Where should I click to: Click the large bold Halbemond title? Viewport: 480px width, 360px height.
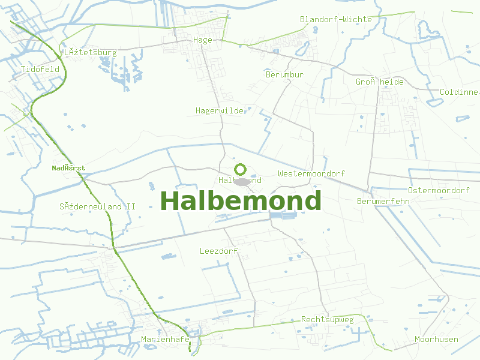pos(241,201)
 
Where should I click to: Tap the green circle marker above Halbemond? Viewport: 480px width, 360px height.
pos(240,169)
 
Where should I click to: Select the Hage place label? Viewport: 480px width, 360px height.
pos(203,40)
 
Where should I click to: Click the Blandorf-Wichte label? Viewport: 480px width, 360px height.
pos(335,19)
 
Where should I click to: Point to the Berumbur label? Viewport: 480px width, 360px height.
pos(284,74)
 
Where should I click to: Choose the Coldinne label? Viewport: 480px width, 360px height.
pos(459,92)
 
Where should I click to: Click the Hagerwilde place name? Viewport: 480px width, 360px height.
pos(220,110)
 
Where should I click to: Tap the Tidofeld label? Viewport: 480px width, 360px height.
pos(40,69)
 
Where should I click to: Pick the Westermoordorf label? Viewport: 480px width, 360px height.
pos(311,173)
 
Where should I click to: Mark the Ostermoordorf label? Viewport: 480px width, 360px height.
pos(439,190)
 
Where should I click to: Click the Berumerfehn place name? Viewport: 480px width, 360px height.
pos(383,201)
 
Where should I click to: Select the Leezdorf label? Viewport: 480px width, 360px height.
pos(219,251)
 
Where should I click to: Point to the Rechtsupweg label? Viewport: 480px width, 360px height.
pos(328,319)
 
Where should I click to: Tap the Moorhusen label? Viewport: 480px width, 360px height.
pos(436,339)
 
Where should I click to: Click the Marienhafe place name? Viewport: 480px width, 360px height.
pos(166,339)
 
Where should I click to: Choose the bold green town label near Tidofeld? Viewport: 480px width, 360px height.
pos(68,168)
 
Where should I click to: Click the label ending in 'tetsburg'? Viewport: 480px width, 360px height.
pos(89,52)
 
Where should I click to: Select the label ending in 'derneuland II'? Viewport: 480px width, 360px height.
pos(97,206)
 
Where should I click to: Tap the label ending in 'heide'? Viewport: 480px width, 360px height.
pos(380,82)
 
